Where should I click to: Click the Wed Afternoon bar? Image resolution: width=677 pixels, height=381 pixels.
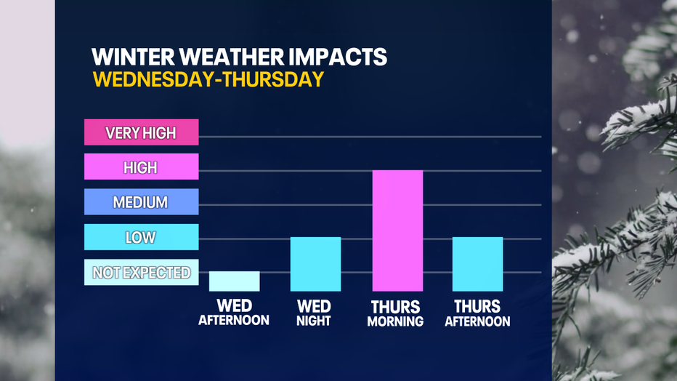tap(235, 281)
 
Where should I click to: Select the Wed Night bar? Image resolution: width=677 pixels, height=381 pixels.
tap(315, 264)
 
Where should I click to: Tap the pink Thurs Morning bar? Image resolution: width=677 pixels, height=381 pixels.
tap(397, 230)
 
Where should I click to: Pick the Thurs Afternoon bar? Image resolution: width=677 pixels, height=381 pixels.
tap(477, 264)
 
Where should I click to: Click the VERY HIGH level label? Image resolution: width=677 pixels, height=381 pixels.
tap(141, 132)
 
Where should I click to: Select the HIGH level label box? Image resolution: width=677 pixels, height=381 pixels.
tap(141, 167)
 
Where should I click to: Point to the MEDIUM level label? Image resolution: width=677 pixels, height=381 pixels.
tap(141, 201)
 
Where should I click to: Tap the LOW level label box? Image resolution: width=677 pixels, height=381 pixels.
tap(141, 237)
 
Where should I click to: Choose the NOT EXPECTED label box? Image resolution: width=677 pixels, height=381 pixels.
tap(141, 272)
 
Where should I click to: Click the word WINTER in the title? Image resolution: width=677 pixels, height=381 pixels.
tap(133, 57)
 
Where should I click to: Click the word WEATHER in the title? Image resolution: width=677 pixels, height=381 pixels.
tap(233, 57)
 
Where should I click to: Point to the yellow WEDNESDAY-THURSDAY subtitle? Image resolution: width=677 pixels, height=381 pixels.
tap(208, 79)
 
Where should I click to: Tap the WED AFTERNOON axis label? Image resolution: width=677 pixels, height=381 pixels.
tap(234, 313)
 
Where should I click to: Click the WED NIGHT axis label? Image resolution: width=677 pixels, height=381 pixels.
tap(314, 313)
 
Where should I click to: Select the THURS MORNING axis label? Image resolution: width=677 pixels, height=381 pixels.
tap(395, 313)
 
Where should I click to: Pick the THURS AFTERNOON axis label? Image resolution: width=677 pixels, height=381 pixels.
tap(477, 313)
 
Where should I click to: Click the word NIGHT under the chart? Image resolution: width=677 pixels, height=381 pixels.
tap(314, 321)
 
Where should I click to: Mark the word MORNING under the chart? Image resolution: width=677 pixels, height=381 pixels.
tap(395, 321)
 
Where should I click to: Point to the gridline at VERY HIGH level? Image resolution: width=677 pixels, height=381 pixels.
tap(370, 137)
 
